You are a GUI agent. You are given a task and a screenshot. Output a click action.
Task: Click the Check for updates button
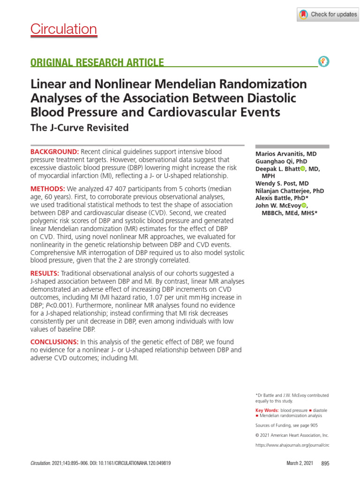(327, 15)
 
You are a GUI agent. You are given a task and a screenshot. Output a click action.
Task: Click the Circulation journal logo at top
(64, 30)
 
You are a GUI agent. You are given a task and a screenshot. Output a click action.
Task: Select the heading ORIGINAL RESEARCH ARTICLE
(97, 62)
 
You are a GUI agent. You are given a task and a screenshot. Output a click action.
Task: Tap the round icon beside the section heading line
(323, 62)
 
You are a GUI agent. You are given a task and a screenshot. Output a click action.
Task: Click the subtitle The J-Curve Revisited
(79, 127)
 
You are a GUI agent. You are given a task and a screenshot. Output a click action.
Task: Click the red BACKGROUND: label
(55, 152)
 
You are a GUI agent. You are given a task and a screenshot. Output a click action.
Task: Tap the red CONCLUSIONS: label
(54, 342)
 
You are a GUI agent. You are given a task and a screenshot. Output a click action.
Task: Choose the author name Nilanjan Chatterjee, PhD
(289, 191)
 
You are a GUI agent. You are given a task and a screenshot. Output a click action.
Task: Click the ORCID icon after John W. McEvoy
(304, 205)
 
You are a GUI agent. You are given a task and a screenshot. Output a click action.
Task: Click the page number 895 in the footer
(325, 463)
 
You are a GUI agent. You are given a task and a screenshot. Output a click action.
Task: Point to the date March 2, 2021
(300, 463)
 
